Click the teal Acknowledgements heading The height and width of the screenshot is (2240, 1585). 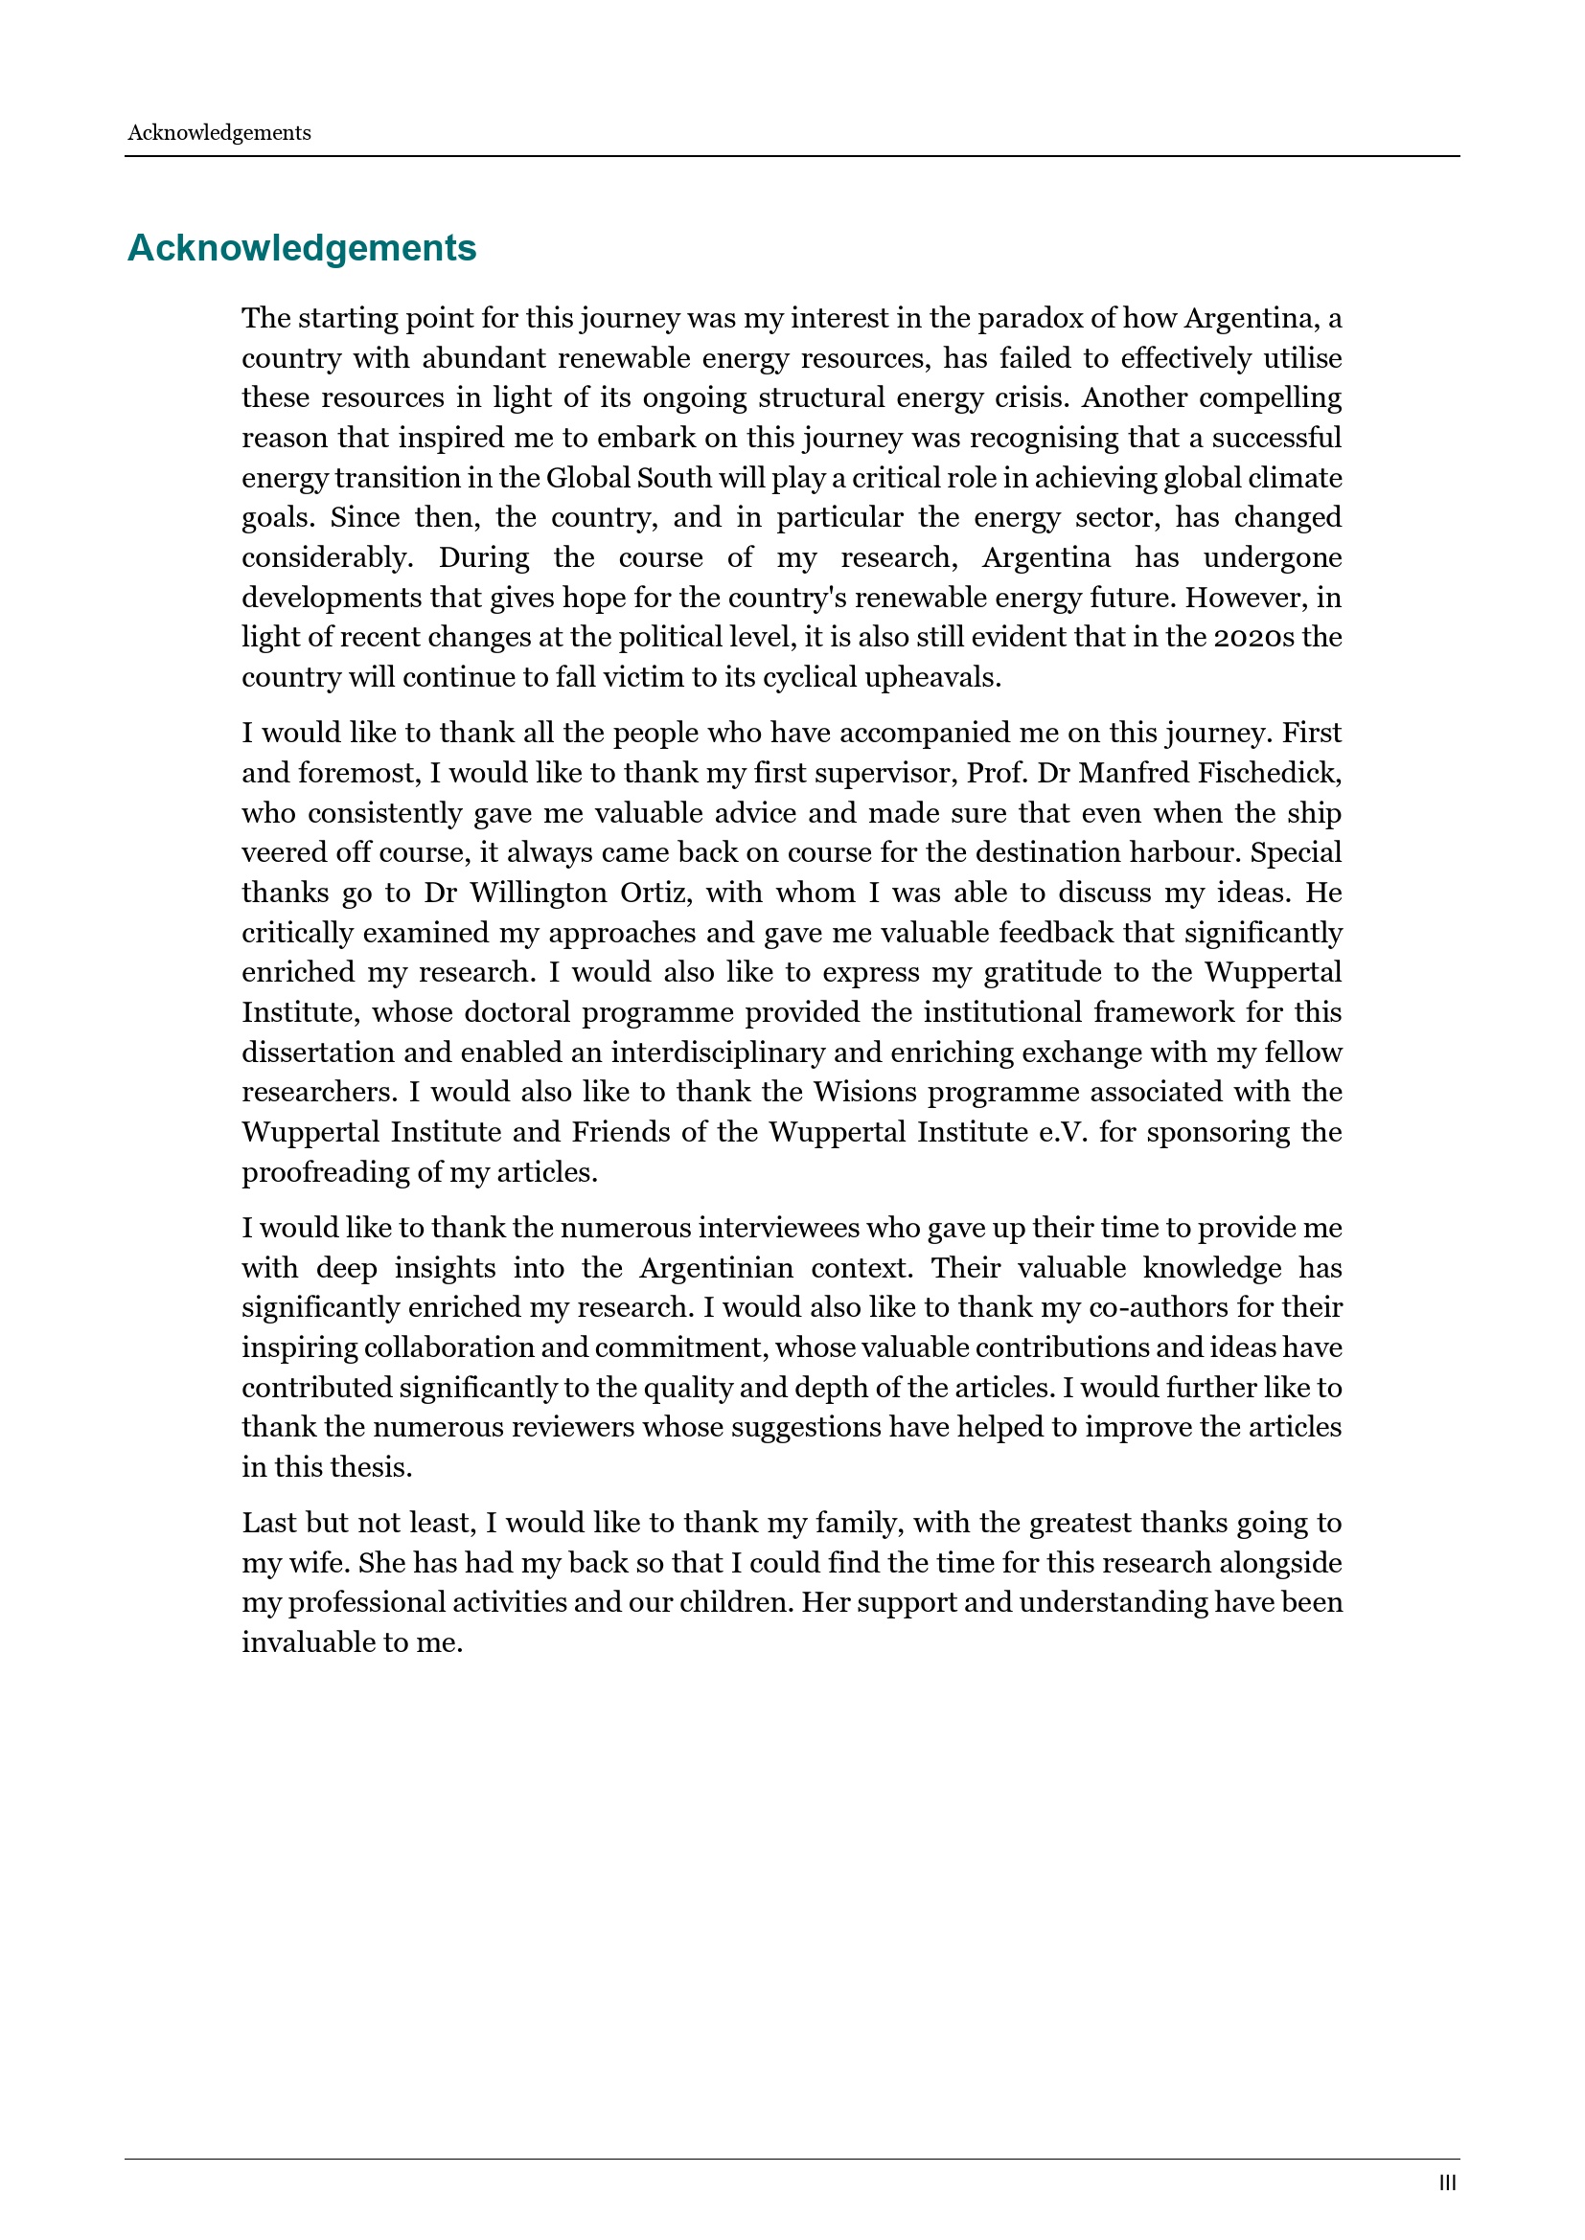pos(302,248)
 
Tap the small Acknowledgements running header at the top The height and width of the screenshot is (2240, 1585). pos(218,133)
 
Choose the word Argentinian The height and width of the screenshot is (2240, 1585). pos(716,1267)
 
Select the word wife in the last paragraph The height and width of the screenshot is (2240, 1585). pos(316,1563)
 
